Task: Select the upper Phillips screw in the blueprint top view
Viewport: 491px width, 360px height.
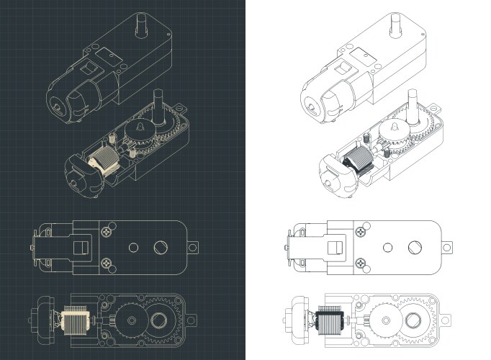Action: pyautogui.click(x=107, y=232)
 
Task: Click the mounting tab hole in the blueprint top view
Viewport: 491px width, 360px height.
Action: pyautogui.click(x=194, y=247)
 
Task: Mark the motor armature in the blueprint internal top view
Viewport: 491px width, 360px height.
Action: pyautogui.click(x=75, y=319)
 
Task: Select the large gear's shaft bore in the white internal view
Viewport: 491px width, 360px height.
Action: pyautogui.click(x=415, y=319)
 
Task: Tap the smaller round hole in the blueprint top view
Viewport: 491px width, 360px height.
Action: pyautogui.click(x=132, y=247)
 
